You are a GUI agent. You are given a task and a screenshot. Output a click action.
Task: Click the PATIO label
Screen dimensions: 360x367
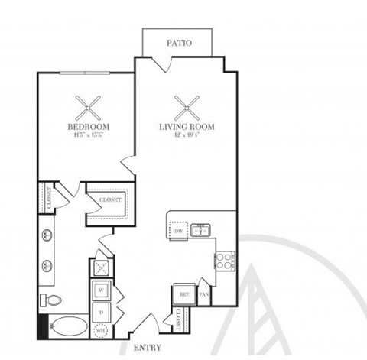click(180, 44)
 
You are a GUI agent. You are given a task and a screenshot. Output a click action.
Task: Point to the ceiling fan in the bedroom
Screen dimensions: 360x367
click(88, 105)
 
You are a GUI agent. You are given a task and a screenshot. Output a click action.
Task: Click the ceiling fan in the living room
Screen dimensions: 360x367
click(186, 105)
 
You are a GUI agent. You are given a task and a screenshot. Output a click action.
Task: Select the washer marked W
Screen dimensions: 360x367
click(101, 290)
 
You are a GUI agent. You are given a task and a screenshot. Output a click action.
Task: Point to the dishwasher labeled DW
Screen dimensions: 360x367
click(179, 229)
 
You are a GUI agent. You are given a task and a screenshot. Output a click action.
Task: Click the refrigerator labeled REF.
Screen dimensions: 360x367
click(184, 294)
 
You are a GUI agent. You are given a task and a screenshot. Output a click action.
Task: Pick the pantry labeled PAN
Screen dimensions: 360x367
click(203, 294)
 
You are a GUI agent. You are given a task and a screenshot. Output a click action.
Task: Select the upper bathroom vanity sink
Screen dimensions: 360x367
click(47, 235)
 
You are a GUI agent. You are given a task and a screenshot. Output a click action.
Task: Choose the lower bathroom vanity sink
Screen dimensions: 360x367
click(47, 266)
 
